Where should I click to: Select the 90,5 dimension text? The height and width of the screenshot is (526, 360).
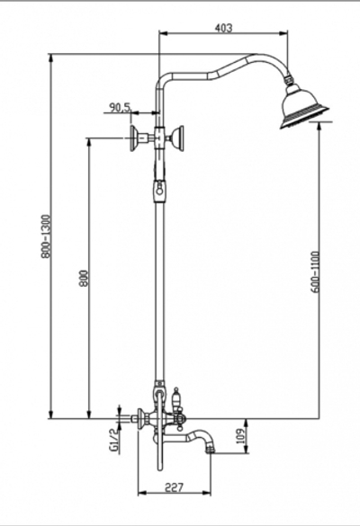pos(120,108)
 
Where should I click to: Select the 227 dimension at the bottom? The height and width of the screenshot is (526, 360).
pos(175,488)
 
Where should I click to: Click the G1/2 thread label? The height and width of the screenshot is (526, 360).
pos(113,441)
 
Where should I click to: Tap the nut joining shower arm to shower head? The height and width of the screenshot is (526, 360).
pos(289,84)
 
